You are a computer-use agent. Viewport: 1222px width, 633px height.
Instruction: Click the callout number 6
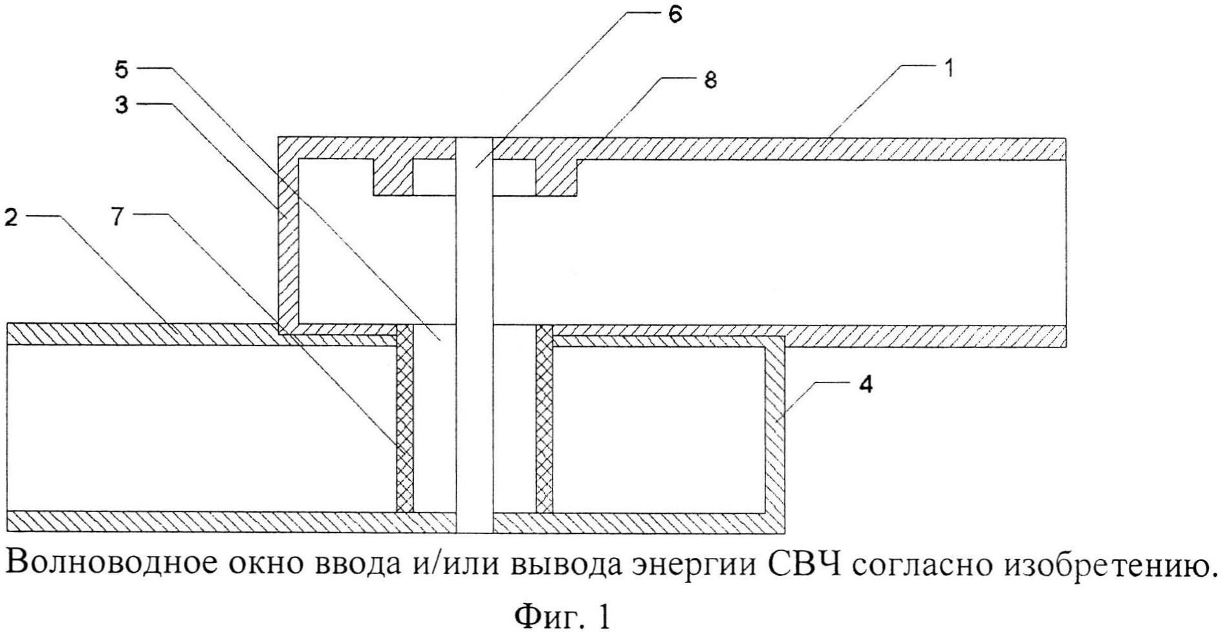(675, 15)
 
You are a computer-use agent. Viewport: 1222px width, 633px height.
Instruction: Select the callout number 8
(710, 80)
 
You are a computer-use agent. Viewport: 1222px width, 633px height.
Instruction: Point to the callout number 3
(122, 105)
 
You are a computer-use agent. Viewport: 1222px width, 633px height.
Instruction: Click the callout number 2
(11, 217)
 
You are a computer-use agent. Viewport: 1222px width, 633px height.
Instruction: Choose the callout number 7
(117, 217)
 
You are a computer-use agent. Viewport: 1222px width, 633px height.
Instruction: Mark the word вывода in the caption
(567, 566)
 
